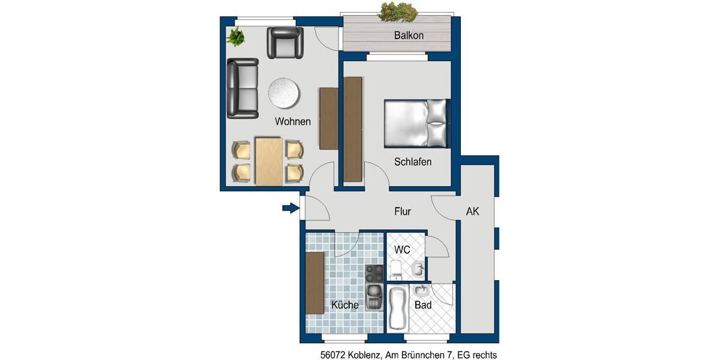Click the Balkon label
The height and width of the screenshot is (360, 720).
(409, 35)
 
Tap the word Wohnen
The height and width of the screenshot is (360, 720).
(293, 122)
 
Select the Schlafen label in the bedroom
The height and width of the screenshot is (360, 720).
(413, 162)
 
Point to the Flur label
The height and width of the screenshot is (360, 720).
(403, 211)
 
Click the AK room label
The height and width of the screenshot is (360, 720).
(473, 211)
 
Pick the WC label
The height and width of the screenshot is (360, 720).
(402, 250)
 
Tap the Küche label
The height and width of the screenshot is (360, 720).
(345, 305)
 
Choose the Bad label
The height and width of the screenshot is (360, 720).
(423, 305)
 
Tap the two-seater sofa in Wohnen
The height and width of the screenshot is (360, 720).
(242, 88)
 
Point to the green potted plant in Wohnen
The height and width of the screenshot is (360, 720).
(236, 37)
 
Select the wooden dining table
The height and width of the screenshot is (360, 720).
(268, 161)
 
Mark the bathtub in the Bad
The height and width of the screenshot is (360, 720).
(397, 308)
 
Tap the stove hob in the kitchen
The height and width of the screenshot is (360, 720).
(374, 274)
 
